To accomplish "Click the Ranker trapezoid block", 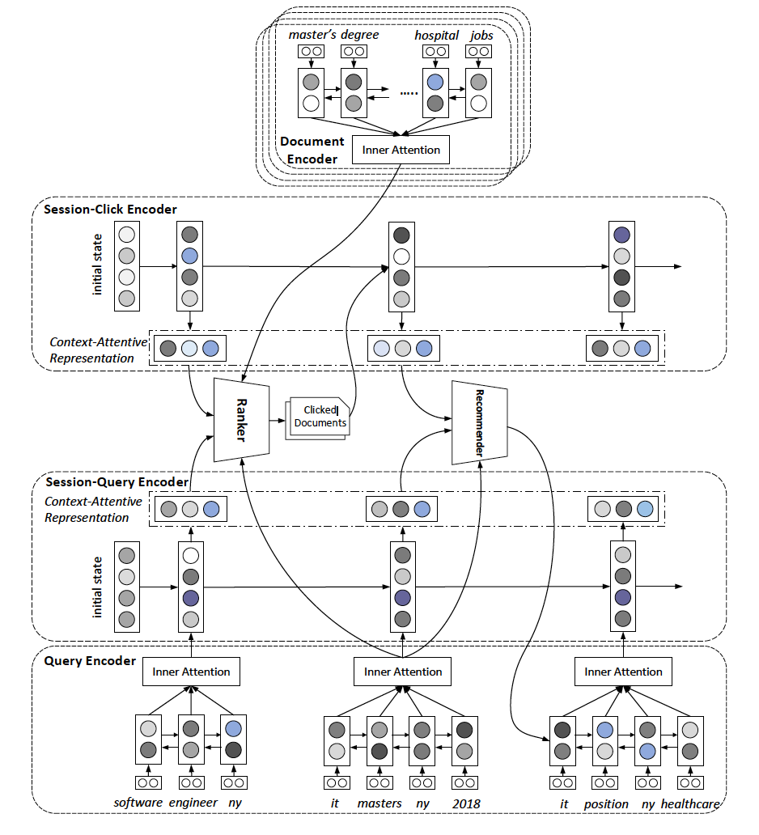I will tap(240, 419).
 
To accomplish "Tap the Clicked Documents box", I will tap(319, 417).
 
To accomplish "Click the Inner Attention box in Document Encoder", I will tap(401, 150).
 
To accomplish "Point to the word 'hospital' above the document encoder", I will tap(436, 35).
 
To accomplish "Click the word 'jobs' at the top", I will tap(481, 35).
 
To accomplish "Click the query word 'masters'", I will tap(379, 803).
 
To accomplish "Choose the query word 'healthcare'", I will tap(689, 803).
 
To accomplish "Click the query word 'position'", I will tap(605, 803).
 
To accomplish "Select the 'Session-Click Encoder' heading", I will tap(110, 210).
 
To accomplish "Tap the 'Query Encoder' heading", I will tap(90, 661).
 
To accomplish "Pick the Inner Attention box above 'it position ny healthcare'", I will tap(623, 672).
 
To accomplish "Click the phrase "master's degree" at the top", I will tap(333, 35).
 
